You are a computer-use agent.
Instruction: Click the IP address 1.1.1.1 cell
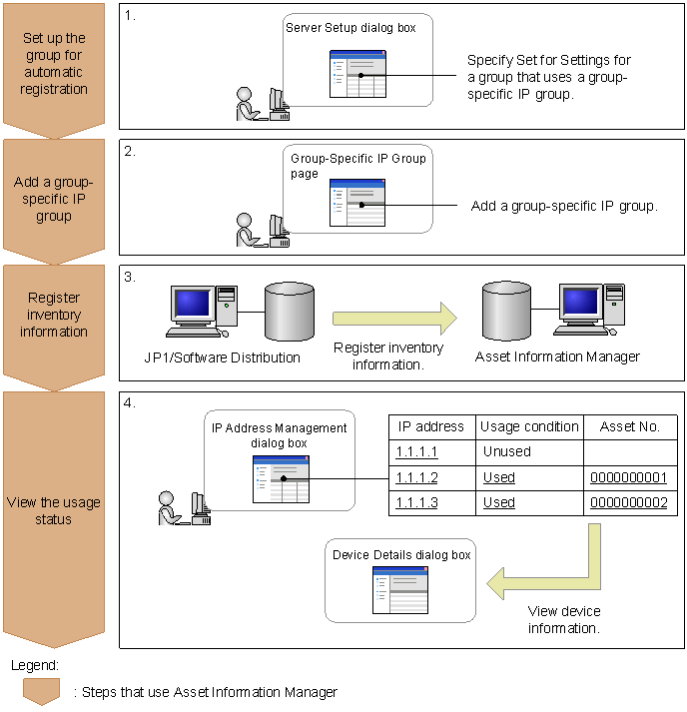click(416, 451)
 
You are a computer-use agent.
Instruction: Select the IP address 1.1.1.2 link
click(416, 477)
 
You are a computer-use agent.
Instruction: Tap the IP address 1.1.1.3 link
click(416, 502)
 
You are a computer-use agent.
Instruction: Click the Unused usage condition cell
click(506, 451)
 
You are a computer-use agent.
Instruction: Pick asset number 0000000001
click(628, 477)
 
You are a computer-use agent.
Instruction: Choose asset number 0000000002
click(628, 502)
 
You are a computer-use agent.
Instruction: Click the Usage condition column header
click(529, 426)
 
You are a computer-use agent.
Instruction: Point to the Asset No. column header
click(630, 426)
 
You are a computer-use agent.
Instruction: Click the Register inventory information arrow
click(393, 319)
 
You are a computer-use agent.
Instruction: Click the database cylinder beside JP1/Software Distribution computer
click(290, 312)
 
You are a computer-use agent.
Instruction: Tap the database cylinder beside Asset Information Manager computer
click(506, 312)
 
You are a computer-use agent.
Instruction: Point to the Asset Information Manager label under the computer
click(557, 357)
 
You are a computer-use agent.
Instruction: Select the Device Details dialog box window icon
click(399, 589)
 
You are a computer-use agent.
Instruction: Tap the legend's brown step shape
click(42, 690)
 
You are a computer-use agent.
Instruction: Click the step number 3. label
click(131, 277)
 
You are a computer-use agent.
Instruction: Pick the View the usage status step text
click(54, 510)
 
